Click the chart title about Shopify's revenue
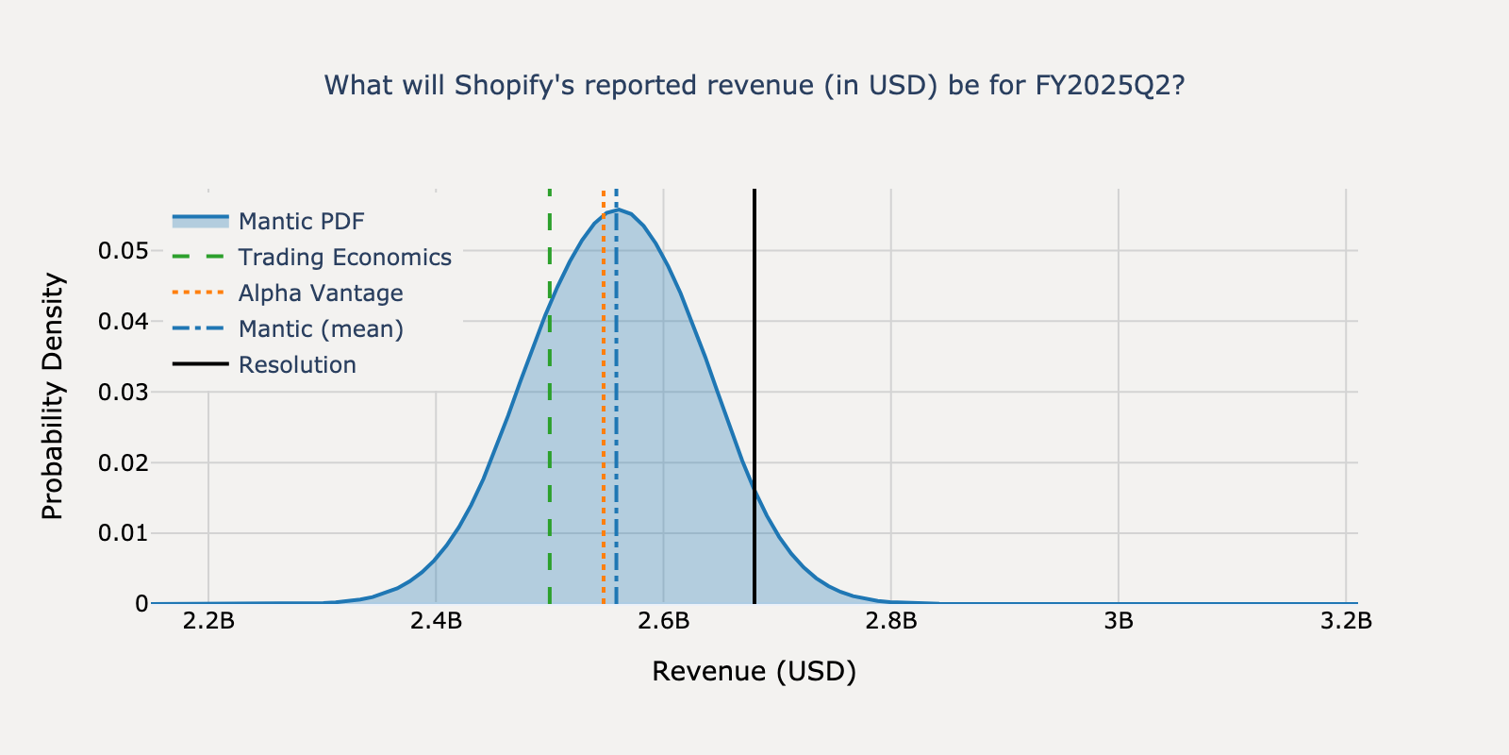tap(754, 86)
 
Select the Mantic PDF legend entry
tap(301, 222)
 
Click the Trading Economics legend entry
tap(344, 258)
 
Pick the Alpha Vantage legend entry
tap(320, 294)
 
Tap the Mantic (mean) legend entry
tap(320, 329)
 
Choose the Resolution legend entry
tap(297, 365)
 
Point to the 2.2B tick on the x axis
tap(208, 621)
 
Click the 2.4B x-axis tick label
tap(436, 621)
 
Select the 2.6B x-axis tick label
tap(663, 621)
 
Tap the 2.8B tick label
tap(890, 621)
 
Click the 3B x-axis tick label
tap(1119, 621)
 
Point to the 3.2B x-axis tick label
tap(1346, 621)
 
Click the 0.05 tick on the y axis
tap(123, 251)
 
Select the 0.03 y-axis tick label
tap(123, 392)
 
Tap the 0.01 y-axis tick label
tap(123, 533)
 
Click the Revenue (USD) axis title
tap(754, 672)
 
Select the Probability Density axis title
tap(53, 396)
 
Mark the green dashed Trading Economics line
tap(550, 425)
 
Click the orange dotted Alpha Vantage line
tap(604, 425)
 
